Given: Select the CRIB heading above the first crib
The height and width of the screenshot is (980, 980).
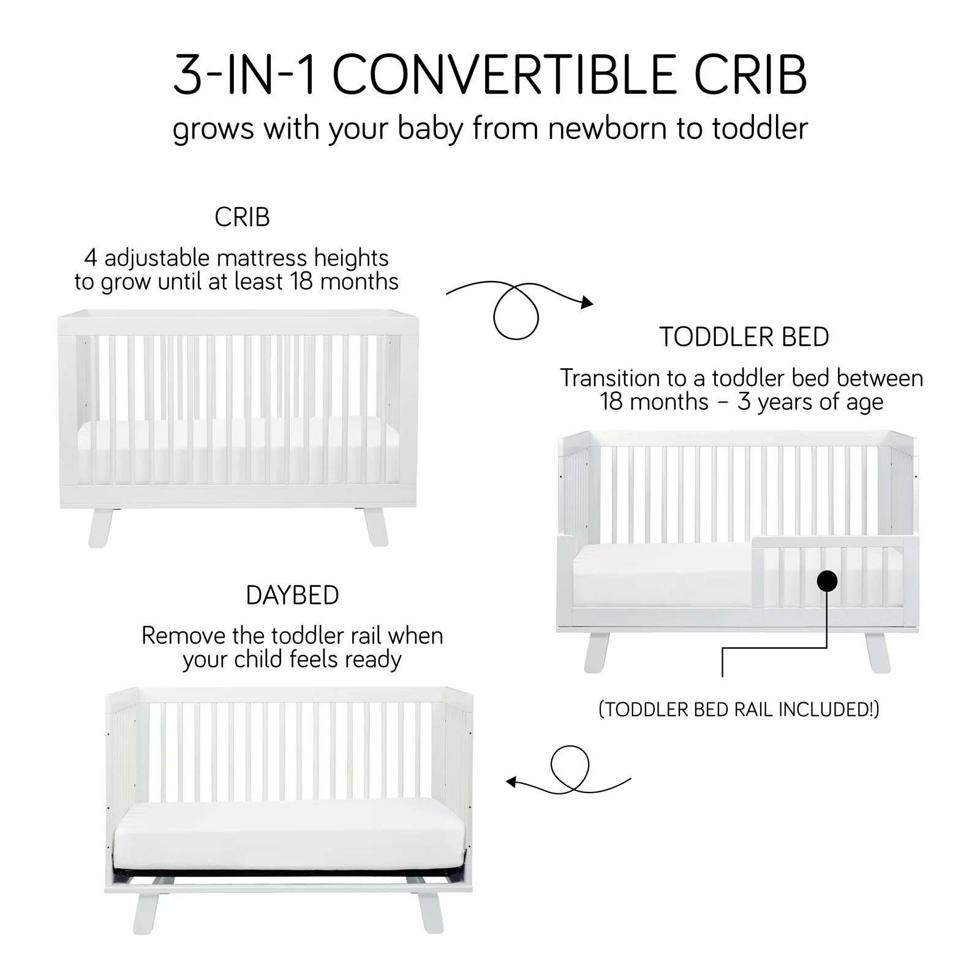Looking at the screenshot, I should (242, 217).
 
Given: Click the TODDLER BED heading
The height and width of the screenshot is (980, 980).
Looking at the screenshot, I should (744, 337).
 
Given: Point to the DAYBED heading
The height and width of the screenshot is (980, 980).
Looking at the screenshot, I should (292, 595).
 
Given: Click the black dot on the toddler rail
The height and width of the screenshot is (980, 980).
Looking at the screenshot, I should (827, 581).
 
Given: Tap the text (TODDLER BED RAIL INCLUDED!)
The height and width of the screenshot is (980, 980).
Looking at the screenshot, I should (739, 709).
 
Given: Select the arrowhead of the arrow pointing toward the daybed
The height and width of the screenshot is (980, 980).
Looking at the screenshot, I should (511, 782).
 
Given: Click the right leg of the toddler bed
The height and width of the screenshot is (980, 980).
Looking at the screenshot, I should (877, 653).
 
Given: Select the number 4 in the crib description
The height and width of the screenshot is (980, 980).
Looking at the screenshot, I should (91, 258).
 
